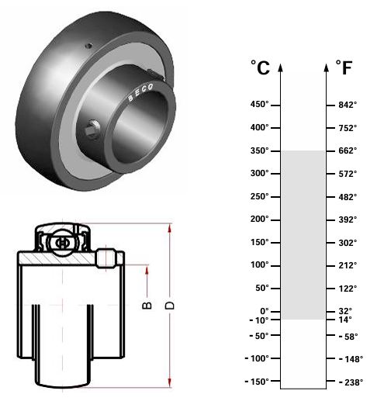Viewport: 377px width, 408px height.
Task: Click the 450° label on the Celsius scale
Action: click(259, 105)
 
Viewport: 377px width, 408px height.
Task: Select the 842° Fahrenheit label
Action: click(348, 105)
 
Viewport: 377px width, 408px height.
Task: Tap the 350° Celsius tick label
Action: click(259, 150)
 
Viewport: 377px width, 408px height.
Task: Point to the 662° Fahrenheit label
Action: click(348, 150)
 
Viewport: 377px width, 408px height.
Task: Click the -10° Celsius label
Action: click(259, 320)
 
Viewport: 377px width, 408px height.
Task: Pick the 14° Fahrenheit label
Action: click(345, 320)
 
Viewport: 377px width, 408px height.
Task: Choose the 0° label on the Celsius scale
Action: click(265, 311)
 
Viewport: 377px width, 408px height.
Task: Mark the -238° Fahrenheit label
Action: click(351, 382)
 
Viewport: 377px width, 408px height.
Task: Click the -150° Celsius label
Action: click(257, 382)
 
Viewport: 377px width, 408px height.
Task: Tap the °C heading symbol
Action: click(260, 67)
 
